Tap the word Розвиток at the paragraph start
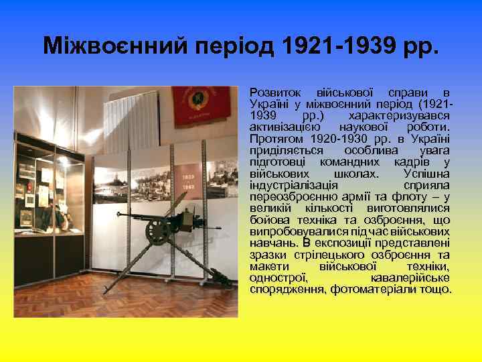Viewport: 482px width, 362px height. [270, 90]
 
